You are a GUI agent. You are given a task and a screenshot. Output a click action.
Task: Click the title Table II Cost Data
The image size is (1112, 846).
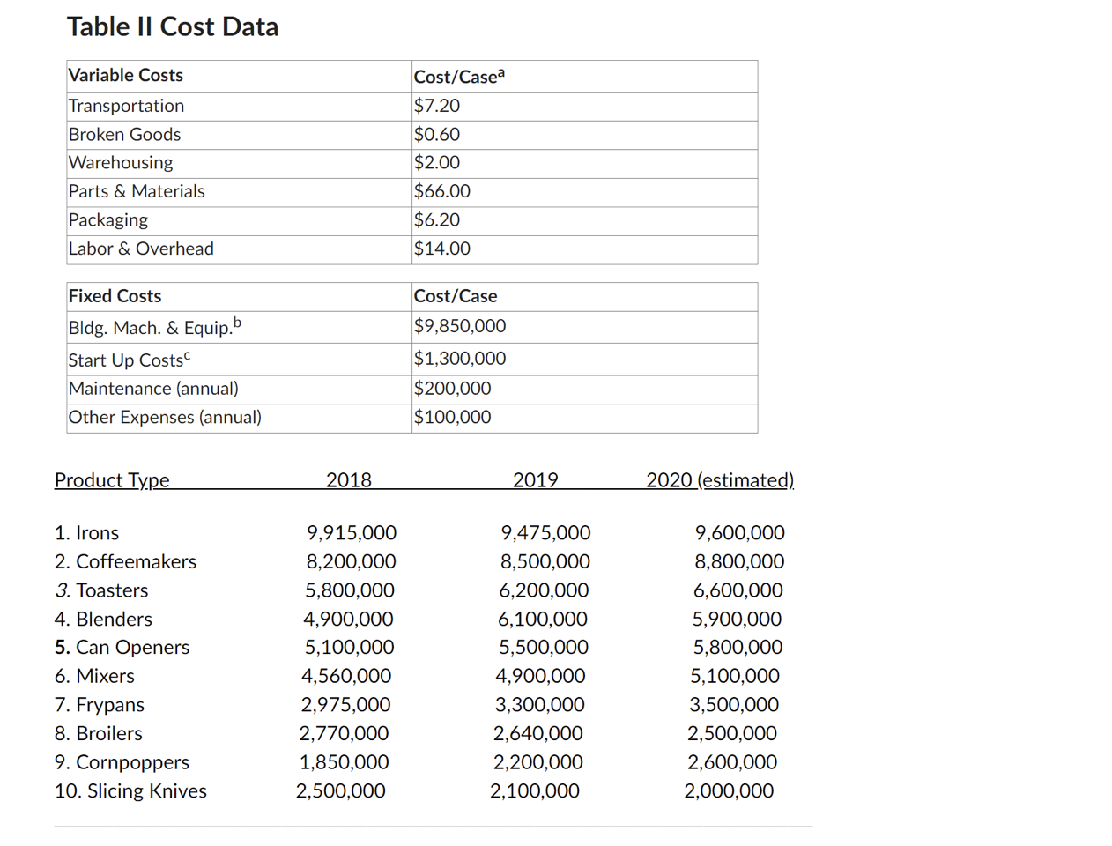coord(173,26)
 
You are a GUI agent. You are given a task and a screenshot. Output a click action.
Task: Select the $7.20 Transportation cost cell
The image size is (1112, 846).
coord(437,106)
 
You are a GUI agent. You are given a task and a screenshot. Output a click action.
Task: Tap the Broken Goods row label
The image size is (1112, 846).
coord(124,135)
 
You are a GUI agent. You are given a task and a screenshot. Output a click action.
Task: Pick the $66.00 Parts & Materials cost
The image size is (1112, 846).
coord(442,191)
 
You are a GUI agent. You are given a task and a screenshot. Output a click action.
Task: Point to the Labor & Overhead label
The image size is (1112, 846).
coord(141,249)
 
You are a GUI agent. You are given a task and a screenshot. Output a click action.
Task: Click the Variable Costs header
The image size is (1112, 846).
coord(126,76)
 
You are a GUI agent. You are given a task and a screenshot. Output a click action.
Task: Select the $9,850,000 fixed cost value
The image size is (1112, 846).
coord(460,326)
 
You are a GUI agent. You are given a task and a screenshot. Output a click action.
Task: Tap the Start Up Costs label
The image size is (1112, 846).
coord(129,360)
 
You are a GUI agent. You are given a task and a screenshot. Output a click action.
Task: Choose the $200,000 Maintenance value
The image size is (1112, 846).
coord(453,389)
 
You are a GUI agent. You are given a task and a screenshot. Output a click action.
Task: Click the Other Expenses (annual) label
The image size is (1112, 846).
coord(165,417)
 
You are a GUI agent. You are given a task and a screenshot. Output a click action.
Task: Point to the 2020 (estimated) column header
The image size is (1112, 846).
coord(720,480)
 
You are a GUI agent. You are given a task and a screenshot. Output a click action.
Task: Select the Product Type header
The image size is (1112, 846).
coord(112,480)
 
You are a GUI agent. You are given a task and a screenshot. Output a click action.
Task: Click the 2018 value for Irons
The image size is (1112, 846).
coord(352,533)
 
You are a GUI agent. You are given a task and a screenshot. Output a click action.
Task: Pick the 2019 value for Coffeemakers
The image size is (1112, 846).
coord(545,561)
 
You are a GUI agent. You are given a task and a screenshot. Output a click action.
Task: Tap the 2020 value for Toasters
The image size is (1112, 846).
coord(738,590)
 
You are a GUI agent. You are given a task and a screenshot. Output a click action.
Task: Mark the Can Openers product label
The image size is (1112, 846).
coord(122,648)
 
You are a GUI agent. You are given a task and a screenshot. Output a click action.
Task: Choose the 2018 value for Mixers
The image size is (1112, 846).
coord(346,676)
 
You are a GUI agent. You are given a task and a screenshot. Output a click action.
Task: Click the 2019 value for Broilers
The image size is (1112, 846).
coord(537,733)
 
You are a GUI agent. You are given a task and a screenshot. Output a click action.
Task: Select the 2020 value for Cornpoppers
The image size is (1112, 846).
coord(732,762)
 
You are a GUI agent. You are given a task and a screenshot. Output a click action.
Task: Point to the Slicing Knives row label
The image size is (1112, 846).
coord(130,791)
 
